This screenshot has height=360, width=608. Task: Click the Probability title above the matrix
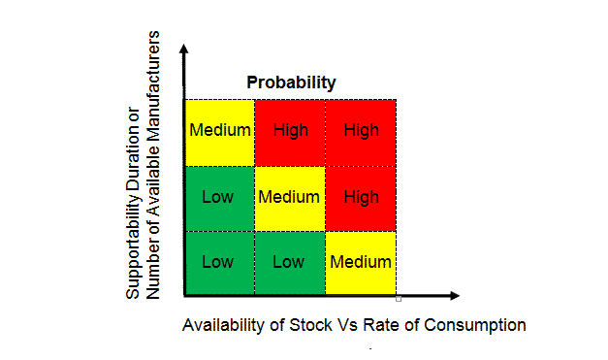pos(290,82)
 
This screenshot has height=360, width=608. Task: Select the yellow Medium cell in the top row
pos(220,131)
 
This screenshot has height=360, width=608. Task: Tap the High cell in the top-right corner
pos(361,131)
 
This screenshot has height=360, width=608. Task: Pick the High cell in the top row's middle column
pos(290,131)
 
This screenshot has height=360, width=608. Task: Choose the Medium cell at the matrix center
pos(290,197)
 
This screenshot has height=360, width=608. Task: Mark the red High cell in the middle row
pos(361,197)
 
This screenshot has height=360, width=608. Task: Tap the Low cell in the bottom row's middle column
pos(290,262)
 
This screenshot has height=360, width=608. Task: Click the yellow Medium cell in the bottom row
pos(361,262)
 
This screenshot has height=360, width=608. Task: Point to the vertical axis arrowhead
pos(185,47)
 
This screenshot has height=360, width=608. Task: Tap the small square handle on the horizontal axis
pos(398,298)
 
